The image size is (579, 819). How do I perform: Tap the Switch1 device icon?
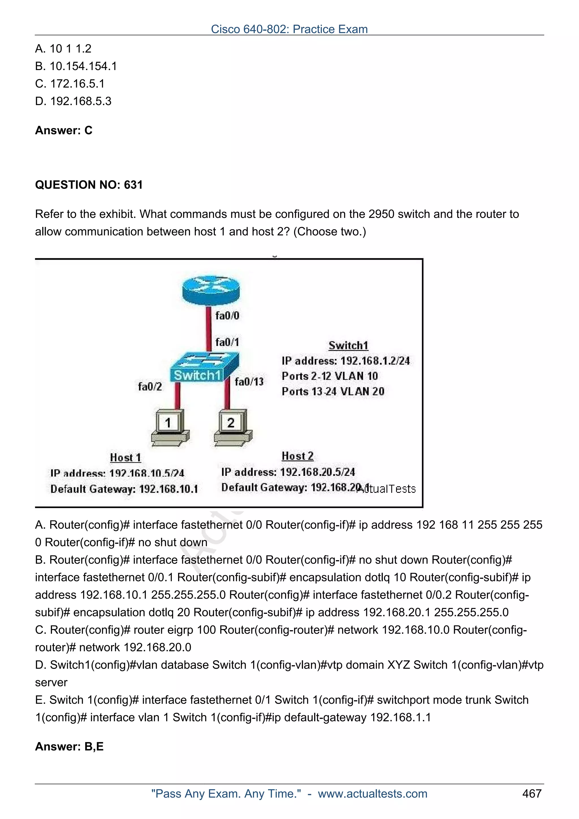204,367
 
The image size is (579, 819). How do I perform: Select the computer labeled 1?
169,427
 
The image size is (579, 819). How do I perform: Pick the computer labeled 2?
232,427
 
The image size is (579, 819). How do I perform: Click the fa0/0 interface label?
227,315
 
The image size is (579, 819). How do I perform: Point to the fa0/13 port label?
249,382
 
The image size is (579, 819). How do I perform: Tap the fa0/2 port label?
150,386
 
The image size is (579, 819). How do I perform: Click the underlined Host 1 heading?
125,457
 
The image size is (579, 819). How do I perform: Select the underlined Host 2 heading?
297,456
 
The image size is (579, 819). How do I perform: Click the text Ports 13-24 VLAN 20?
333,391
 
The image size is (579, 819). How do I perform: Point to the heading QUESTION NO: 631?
89,185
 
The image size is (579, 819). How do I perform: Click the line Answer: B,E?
69,746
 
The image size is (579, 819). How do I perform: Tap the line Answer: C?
64,131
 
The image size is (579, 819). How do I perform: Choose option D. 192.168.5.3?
73,101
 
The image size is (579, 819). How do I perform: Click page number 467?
532,793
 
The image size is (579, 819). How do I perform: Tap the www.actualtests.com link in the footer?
372,794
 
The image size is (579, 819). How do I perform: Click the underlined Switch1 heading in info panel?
348,345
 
